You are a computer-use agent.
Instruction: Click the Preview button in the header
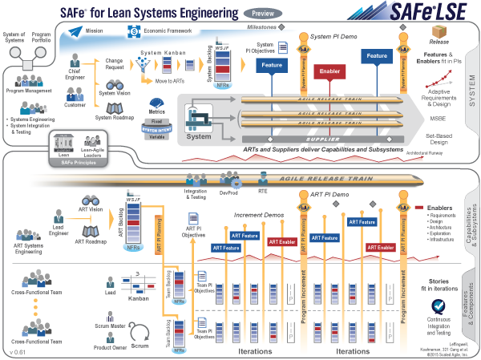[261, 14]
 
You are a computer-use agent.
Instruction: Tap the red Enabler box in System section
[330, 71]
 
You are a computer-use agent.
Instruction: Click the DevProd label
[228, 192]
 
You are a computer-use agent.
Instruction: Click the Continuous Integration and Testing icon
[439, 307]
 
